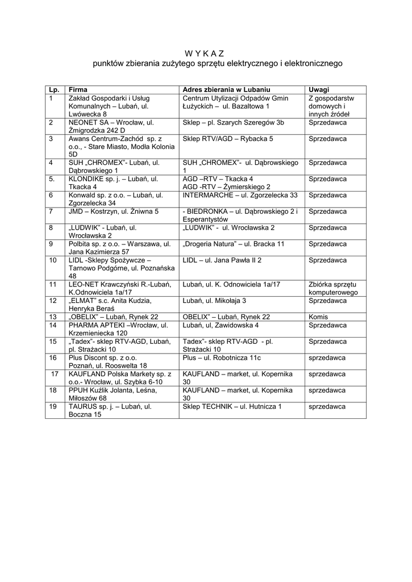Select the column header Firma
pyautogui.click(x=78, y=90)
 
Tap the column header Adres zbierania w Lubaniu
pyautogui.click(x=226, y=90)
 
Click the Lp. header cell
pyautogui.click(x=55, y=90)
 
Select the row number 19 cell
pyautogui.click(x=53, y=407)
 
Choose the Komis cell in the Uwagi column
pyautogui.click(x=318, y=317)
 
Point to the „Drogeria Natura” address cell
pyautogui.click(x=234, y=244)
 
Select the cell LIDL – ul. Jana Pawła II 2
pyautogui.click(x=222, y=260)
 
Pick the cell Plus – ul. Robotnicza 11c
pyautogui.click(x=222, y=358)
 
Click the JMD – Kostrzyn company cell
pyautogui.click(x=113, y=211)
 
